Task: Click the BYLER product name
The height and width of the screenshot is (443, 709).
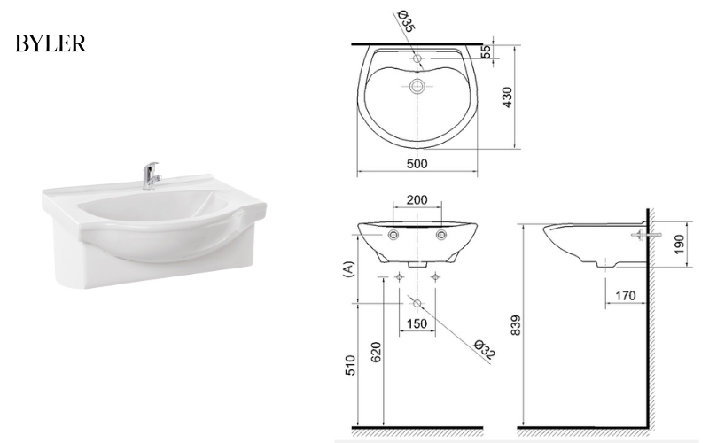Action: pyautogui.click(x=51, y=45)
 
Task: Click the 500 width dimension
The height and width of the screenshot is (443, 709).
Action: pyautogui.click(x=417, y=163)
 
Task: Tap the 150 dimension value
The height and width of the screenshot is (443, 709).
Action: pyautogui.click(x=417, y=324)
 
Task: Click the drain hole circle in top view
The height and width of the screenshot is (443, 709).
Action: pyautogui.click(x=417, y=87)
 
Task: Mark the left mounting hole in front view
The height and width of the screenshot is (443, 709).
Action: pyautogui.click(x=393, y=235)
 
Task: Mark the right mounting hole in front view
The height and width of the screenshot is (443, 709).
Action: pyautogui.click(x=441, y=235)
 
